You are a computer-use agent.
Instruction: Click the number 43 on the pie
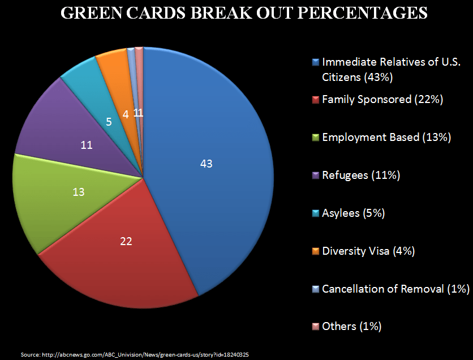pyautogui.click(x=207, y=164)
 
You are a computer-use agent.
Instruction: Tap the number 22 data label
pyautogui.click(x=126, y=242)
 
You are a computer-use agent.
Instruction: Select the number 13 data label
pyautogui.click(x=79, y=192)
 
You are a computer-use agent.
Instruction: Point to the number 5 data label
pyautogui.click(x=109, y=121)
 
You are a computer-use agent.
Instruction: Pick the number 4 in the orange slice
pyautogui.click(x=125, y=114)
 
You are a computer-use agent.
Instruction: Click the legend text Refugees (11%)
pyautogui.click(x=361, y=175)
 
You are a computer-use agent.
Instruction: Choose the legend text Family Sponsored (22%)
pyautogui.click(x=382, y=100)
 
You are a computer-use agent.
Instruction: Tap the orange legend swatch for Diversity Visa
pyautogui.click(x=316, y=251)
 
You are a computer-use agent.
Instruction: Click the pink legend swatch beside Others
pyautogui.click(x=316, y=327)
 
